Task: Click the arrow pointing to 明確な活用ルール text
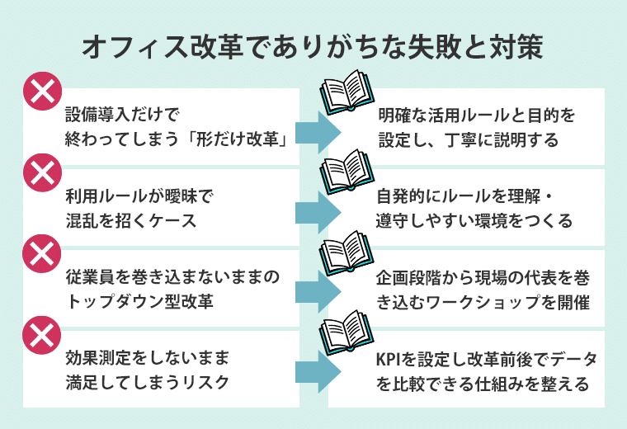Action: pos(317,132)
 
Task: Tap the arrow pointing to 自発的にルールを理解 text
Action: pos(317,212)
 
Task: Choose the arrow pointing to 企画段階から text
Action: pos(317,292)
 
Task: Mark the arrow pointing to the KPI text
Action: pos(317,373)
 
